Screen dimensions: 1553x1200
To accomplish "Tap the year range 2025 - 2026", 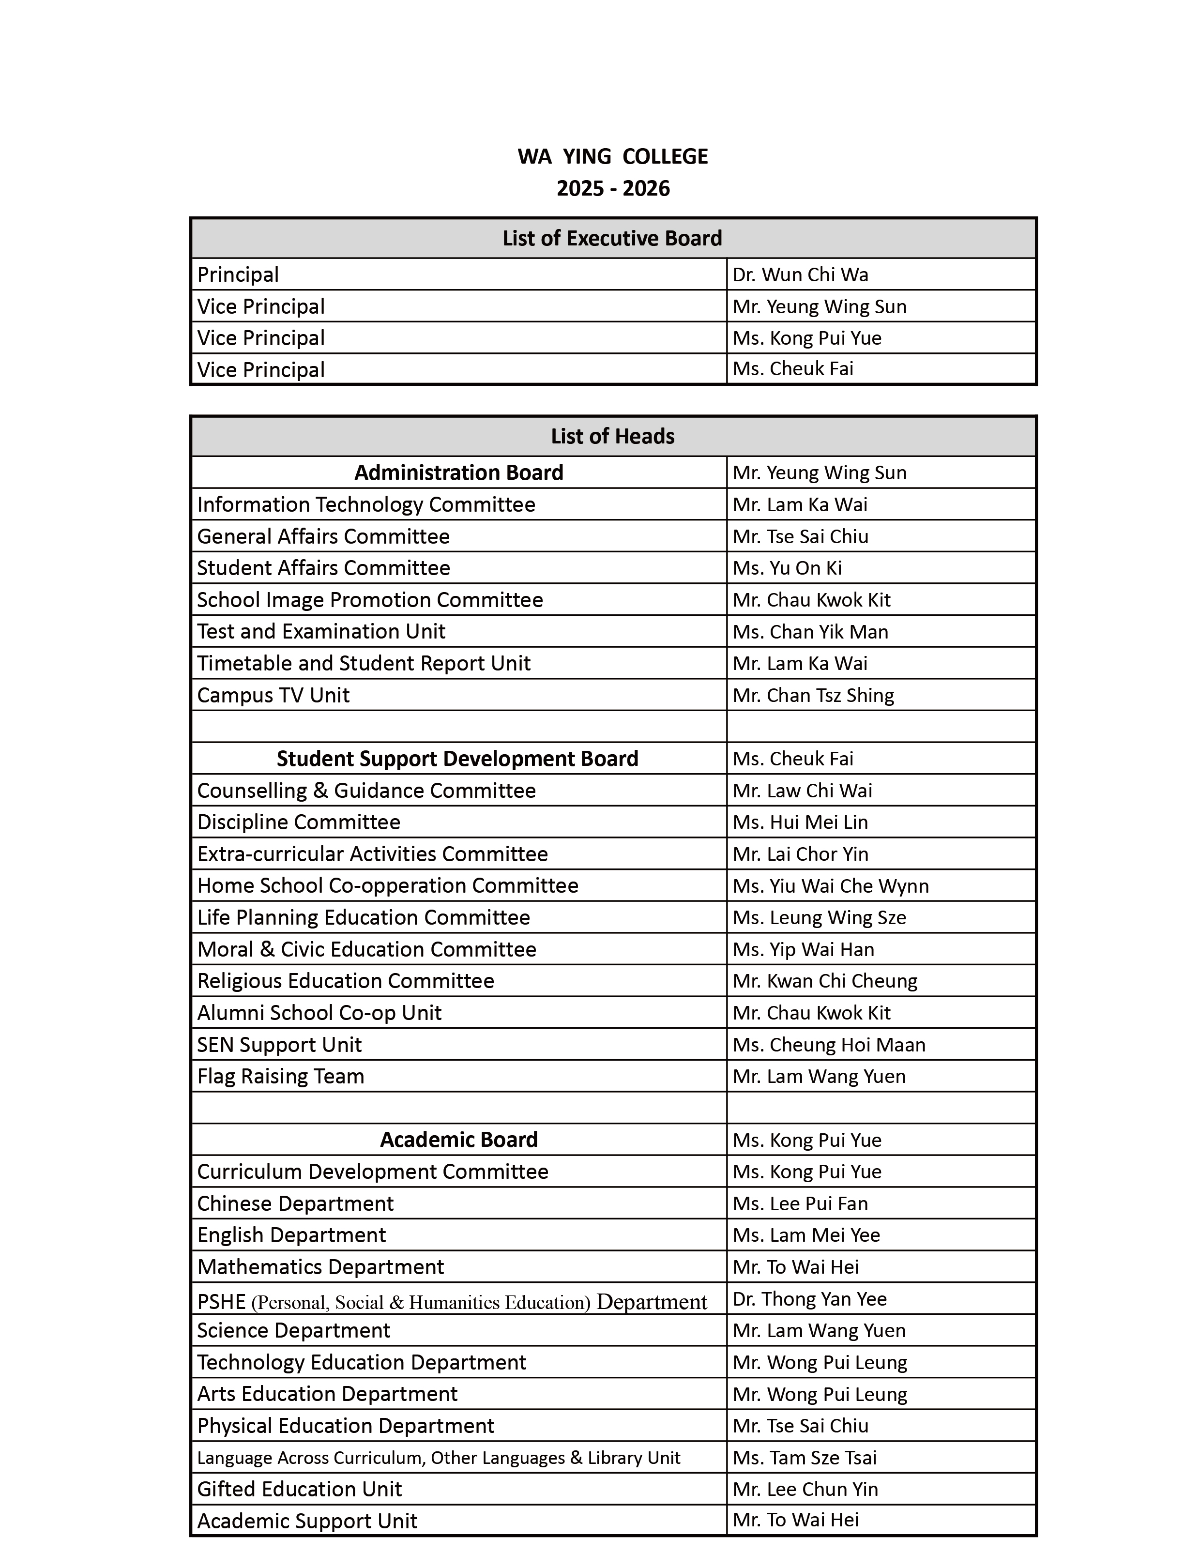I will pos(613,188).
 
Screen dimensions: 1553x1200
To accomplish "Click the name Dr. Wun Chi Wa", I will pos(801,274).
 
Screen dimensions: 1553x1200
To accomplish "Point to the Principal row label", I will pos(238,274).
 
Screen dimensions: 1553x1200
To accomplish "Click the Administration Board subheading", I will pos(458,473).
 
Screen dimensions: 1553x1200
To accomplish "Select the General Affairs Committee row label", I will pos(323,536).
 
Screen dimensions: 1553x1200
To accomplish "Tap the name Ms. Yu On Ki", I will pos(787,568).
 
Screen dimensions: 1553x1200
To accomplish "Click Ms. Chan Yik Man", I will pos(810,631).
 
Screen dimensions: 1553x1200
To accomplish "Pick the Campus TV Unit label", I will pos(273,696).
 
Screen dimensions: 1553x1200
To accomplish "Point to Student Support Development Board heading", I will pos(457,759).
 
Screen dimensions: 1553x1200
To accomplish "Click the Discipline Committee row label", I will pos(299,822).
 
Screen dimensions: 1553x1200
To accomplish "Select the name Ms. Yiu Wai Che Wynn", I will pos(830,886).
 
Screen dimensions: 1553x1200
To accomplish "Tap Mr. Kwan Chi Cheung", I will pos(825,981).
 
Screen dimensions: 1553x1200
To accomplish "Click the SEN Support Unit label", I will pos(279,1045).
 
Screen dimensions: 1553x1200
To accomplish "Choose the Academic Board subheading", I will pos(458,1140).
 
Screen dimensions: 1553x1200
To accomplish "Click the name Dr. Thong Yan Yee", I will pos(810,1299).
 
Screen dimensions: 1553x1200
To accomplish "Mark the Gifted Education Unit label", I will pos(299,1489).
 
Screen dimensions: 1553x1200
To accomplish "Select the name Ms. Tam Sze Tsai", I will pos(805,1458).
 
